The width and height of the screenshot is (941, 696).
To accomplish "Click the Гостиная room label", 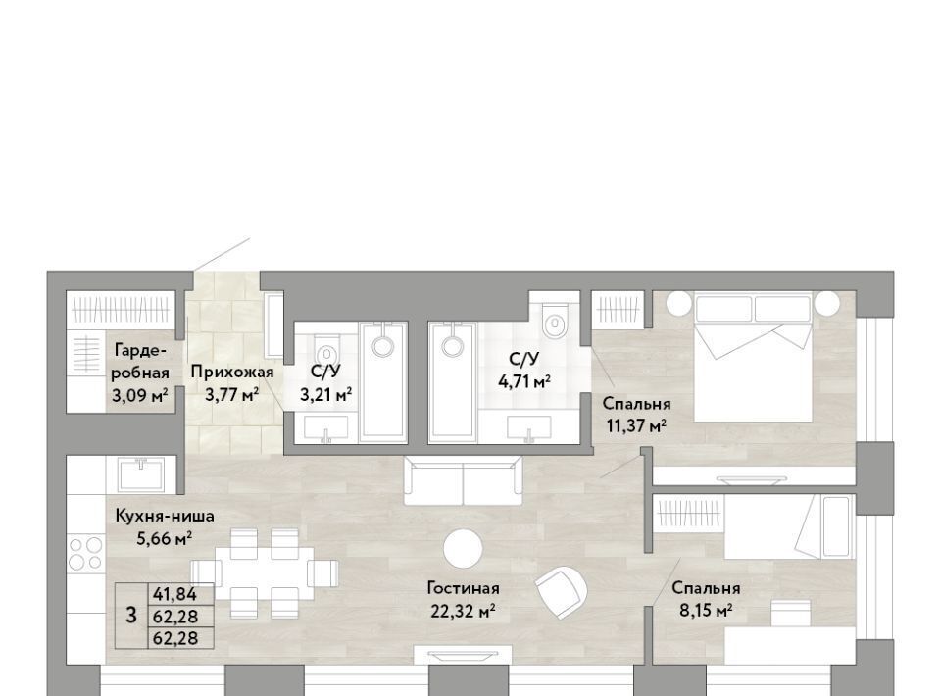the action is coord(463,588).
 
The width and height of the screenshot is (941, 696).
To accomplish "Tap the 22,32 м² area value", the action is coord(463,612).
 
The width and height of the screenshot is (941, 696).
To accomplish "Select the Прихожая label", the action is coord(232,372).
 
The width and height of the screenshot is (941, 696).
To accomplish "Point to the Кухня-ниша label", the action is coord(165,516).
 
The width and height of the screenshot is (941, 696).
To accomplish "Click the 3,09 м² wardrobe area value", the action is coord(139,395).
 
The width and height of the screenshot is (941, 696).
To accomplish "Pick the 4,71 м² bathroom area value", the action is coord(524,380).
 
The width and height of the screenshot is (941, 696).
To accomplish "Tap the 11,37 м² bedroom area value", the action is coord(636,426).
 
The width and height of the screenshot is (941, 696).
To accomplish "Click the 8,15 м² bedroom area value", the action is coord(706,611).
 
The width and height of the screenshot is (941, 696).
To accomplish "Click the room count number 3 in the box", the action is coord(130,615).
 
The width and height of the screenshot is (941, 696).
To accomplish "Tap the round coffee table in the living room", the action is coord(463,548).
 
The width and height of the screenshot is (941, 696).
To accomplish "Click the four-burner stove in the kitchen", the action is coord(86,553).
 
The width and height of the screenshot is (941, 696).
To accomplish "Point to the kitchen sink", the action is coord(141,474).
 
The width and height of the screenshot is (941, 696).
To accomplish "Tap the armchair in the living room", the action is coord(561,591).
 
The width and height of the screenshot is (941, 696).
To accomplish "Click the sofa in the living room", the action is coord(463,480).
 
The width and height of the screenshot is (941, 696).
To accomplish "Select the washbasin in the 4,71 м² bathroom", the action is coord(529,428).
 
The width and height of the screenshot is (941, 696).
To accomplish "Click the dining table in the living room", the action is coord(264,572).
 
